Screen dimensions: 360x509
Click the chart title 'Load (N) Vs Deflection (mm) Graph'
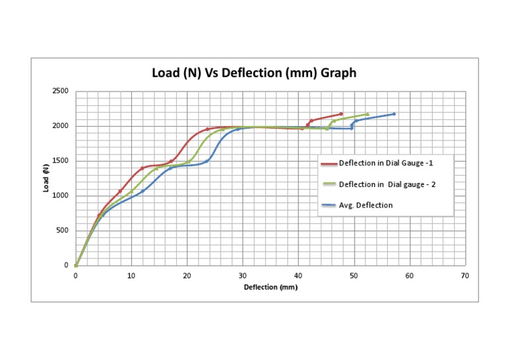click(x=254, y=73)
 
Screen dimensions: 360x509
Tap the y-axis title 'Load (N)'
click(x=46, y=178)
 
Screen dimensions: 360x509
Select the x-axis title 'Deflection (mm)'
click(x=270, y=287)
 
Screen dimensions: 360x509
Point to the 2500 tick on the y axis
click(x=60, y=91)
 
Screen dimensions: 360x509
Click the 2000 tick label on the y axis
click(x=60, y=126)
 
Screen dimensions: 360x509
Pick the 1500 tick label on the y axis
click(x=60, y=161)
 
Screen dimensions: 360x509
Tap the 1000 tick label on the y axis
click(x=60, y=196)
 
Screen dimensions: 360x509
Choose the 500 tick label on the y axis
click(x=62, y=231)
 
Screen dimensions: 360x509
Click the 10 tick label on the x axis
click(x=131, y=275)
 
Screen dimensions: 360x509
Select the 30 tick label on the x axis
click(x=243, y=275)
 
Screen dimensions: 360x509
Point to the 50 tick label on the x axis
click(x=354, y=275)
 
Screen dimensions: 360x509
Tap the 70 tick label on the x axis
click(x=465, y=275)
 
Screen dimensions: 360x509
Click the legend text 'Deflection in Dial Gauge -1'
click(x=386, y=163)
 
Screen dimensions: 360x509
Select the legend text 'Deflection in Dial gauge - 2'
click(x=387, y=184)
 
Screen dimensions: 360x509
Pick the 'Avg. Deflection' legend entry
click(x=366, y=206)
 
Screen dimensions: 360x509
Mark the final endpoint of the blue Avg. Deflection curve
click(x=394, y=114)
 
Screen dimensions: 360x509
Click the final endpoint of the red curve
click(x=341, y=114)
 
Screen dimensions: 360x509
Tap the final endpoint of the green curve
click(x=367, y=114)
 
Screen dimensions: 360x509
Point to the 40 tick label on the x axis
click(x=298, y=275)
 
